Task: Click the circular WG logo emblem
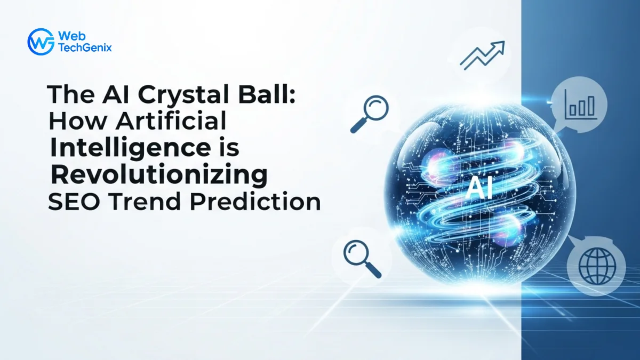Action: tap(41, 42)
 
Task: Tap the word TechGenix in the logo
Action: tap(85, 47)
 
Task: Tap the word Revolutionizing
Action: tap(159, 176)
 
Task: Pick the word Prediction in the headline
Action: tap(255, 202)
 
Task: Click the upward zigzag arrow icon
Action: tap(482, 55)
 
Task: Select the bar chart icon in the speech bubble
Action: tap(581, 105)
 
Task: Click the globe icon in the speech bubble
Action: tap(597, 266)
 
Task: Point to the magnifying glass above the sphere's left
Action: tap(370, 114)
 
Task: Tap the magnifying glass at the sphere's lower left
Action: tap(362, 259)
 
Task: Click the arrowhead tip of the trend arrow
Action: tap(504, 42)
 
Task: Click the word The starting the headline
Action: tap(71, 94)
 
